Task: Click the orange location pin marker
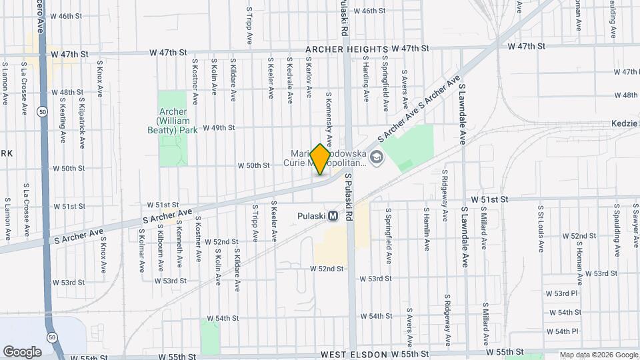click(x=320, y=159)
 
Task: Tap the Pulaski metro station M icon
click(x=332, y=216)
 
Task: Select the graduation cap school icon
click(x=377, y=158)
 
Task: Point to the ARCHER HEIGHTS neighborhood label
click(x=347, y=49)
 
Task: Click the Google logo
click(x=22, y=351)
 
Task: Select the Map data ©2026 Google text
click(x=599, y=355)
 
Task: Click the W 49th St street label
click(x=219, y=127)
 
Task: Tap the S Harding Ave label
click(x=366, y=79)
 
